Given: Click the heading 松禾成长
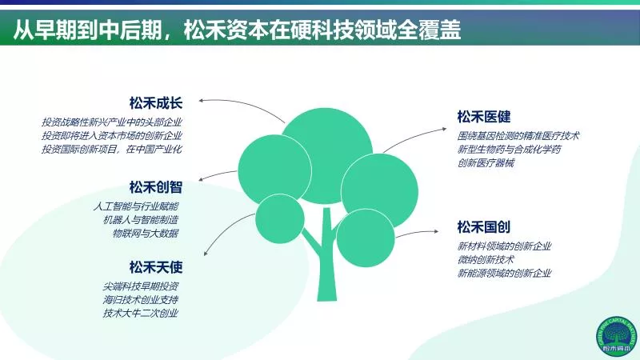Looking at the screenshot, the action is [155, 103].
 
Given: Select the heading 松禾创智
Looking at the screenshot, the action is [155, 187].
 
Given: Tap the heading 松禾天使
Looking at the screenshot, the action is [155, 267].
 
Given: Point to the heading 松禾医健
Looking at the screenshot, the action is [484, 117].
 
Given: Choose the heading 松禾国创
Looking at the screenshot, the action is [484, 227].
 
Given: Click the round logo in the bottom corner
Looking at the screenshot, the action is [616, 336].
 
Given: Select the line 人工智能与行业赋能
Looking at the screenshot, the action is [136, 206].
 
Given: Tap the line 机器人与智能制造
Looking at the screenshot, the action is [141, 219].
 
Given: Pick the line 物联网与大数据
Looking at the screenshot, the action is [146, 233].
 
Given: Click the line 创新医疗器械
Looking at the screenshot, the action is [486, 163].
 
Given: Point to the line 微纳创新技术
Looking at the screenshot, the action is [486, 259].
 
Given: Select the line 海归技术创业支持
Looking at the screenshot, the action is [141, 299].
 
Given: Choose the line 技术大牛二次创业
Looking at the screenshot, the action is [141, 313].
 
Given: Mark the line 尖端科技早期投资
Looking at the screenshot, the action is [141, 286].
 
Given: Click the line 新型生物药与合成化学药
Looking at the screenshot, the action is [510, 150].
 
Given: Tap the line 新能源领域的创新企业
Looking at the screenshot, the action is [505, 273].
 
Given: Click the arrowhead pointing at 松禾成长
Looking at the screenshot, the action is [202, 100].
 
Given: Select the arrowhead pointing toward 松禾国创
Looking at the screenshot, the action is [436, 231].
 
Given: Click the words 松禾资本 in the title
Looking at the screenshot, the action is [226, 30].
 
